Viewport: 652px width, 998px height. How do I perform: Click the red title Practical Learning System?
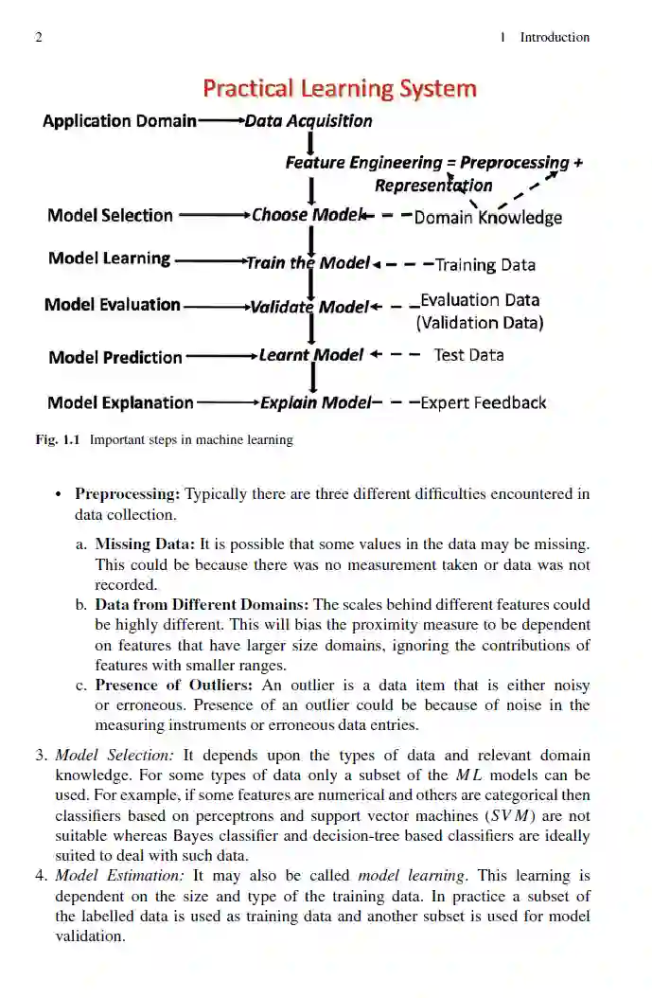click(339, 89)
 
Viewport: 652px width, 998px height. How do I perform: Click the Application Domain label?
click(119, 121)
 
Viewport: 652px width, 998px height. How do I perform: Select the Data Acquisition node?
click(308, 121)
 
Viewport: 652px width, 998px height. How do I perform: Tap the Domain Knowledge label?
click(488, 218)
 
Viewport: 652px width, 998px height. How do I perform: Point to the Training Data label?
click(485, 265)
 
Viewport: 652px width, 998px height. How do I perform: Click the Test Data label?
click(468, 355)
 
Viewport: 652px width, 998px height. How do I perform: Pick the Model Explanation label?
click(120, 402)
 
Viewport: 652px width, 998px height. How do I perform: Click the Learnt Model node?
click(311, 355)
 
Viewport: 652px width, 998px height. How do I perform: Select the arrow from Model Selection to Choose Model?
click(213, 215)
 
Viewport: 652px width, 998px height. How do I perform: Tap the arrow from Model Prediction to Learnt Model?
click(221, 357)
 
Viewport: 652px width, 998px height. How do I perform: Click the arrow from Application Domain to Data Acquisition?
click(220, 121)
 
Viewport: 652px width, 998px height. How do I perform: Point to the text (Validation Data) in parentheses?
click(480, 323)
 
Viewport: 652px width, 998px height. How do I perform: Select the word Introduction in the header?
click(555, 38)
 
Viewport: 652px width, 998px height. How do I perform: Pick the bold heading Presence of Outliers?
click(173, 685)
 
